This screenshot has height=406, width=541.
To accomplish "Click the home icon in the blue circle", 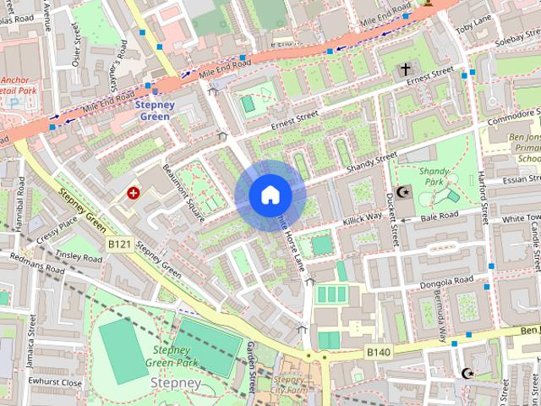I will tap(270, 195).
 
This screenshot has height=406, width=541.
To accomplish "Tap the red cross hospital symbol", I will tap(133, 193).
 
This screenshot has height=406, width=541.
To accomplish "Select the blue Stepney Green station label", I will tap(154, 111).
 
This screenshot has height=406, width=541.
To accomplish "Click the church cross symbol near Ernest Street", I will tap(405, 69).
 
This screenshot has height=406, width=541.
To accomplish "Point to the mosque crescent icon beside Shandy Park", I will tap(402, 193).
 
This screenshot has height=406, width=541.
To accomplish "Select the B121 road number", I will tap(119, 243).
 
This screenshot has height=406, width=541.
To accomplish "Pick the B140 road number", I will tap(378, 350).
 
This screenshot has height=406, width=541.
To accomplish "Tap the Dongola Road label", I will tap(448, 281).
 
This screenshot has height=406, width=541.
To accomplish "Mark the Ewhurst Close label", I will tap(54, 382).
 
